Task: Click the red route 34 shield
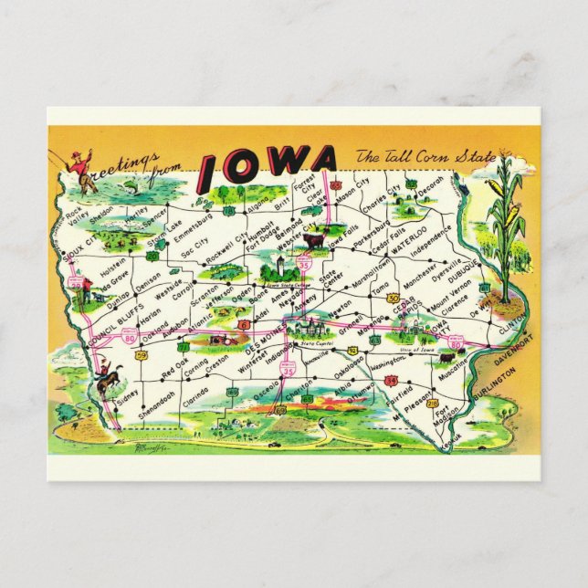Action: (x=390, y=380)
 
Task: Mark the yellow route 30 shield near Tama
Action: (x=393, y=298)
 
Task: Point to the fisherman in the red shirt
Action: (x=82, y=169)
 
